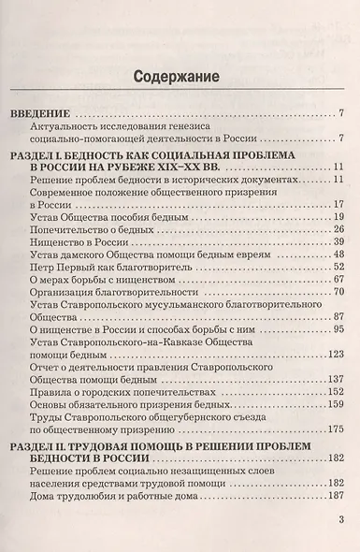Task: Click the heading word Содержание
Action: [181, 76]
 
